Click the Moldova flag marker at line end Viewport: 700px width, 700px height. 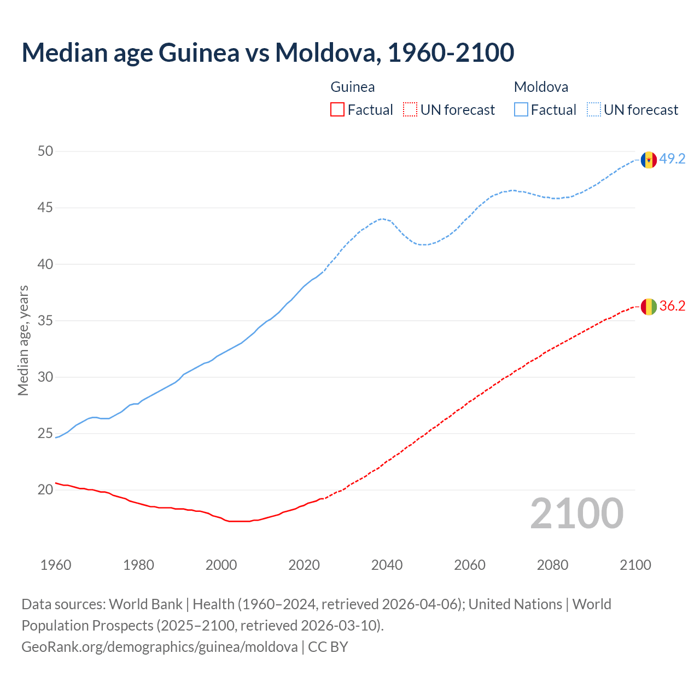pos(649,160)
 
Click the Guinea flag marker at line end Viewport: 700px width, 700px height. pos(649,307)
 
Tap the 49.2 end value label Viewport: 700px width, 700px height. pos(672,159)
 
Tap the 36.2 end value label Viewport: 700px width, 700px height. pos(672,306)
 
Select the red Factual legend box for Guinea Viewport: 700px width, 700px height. pos(337,110)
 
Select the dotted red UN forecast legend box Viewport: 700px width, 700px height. pos(410,110)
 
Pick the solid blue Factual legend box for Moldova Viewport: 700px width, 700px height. pos(521,110)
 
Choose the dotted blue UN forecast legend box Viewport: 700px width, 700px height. pos(594,110)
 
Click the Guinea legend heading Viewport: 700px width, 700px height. pos(353,87)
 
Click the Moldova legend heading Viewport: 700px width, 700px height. pos(541,87)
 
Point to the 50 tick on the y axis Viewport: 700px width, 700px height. pos(45,151)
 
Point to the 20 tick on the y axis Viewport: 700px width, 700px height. pos(45,489)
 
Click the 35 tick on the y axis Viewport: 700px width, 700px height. pos(45,320)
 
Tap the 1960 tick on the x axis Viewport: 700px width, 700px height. pos(56,565)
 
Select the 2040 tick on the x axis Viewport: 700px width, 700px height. pos(387,565)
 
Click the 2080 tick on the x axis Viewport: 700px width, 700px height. pos(552,565)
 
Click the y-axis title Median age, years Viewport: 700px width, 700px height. pos(23,340)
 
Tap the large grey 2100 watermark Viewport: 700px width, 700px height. pos(577,514)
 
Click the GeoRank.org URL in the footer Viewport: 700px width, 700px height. pos(160,647)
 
